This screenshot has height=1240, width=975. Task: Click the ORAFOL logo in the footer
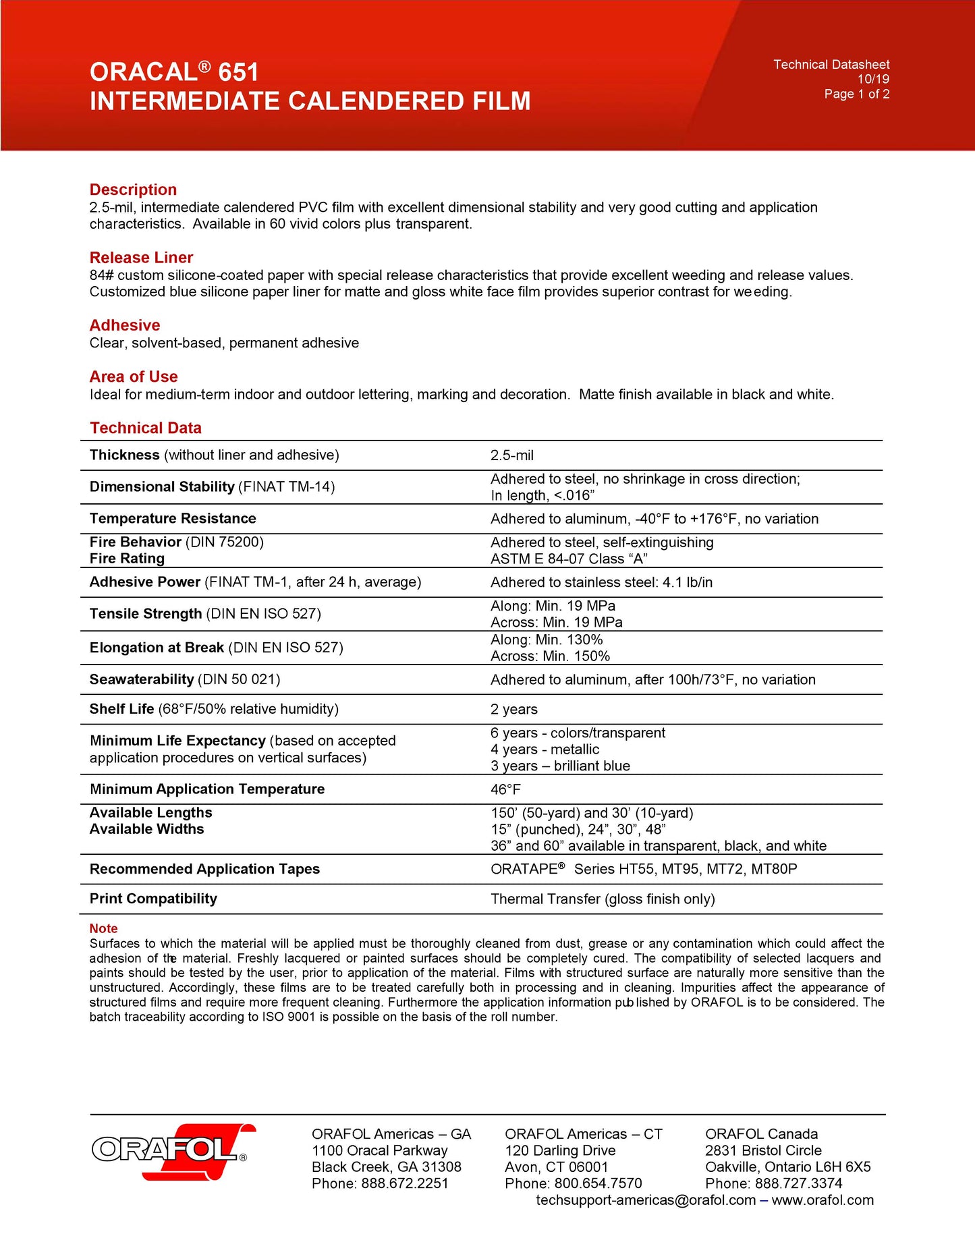coord(173,1151)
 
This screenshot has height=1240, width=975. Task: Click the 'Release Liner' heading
coord(141,258)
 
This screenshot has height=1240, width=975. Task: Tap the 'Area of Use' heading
coord(134,376)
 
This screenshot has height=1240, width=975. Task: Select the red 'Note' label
coord(103,928)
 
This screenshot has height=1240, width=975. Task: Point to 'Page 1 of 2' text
coord(856,94)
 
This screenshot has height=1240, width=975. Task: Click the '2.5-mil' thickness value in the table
coord(511,455)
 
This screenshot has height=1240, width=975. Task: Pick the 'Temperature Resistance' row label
coord(173,518)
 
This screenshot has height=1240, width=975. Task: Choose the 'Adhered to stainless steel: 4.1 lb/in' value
coord(601,582)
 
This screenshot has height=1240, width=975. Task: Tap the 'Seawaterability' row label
coord(142,679)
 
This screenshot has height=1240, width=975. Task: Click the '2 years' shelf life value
coord(513,709)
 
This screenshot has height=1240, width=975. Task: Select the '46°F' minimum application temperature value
coord(505,789)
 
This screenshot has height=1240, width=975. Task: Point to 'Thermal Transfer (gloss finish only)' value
coord(603,899)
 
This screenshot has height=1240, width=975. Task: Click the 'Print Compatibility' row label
coord(153,899)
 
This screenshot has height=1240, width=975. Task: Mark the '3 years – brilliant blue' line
coord(560,766)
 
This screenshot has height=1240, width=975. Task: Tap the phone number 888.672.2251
coord(404,1183)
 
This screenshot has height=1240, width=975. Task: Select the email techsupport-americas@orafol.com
coord(646,1200)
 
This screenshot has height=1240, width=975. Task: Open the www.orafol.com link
coord(823,1200)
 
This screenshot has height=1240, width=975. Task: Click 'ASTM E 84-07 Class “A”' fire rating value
coord(568,559)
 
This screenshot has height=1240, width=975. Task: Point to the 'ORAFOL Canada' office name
coord(761,1134)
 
